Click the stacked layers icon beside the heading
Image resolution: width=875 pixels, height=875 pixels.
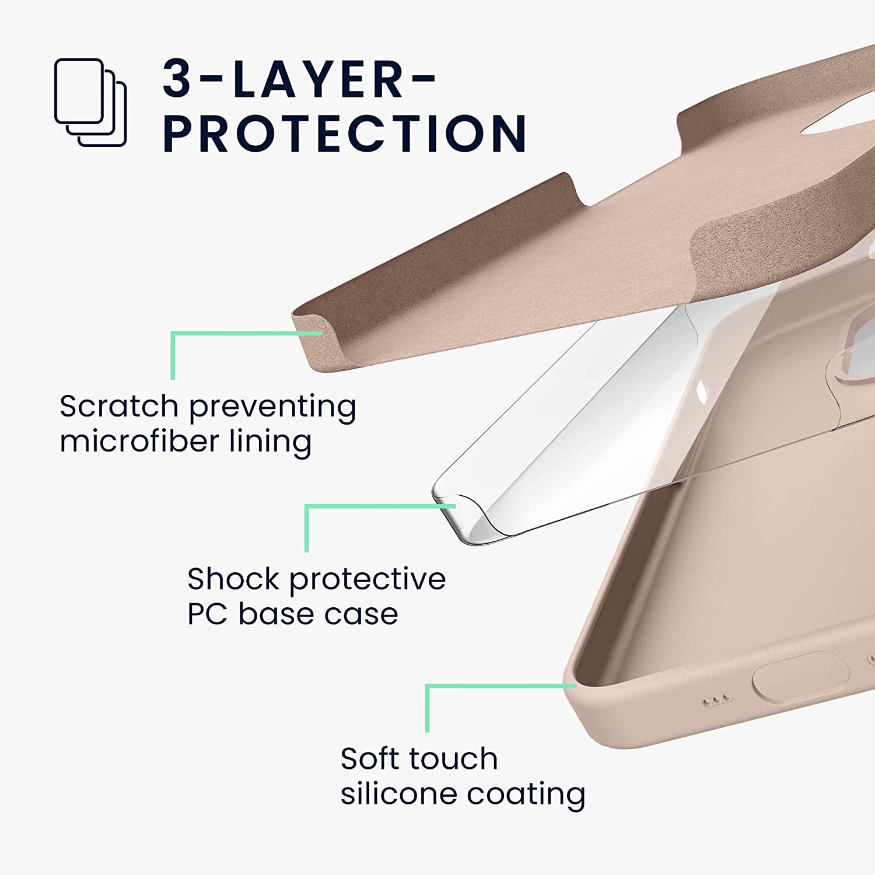[x=90, y=102]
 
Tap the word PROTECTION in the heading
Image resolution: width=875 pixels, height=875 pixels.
[x=344, y=134]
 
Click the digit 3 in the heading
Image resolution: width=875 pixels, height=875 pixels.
[x=177, y=79]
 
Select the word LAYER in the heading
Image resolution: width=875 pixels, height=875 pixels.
[x=318, y=79]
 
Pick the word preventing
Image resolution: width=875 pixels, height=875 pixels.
[x=272, y=407]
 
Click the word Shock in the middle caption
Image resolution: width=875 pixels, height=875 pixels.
[x=233, y=579]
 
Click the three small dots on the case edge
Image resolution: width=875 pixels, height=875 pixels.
[x=717, y=700]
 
